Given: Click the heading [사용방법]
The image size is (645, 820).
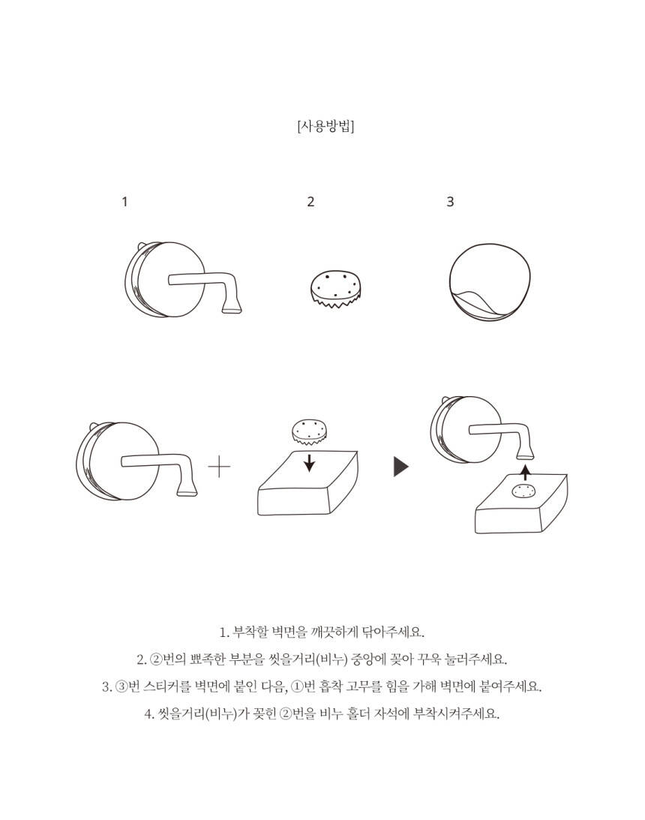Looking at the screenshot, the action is (325, 126).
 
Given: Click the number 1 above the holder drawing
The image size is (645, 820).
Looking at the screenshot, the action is (124, 201).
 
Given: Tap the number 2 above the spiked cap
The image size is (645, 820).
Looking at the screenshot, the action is (310, 201).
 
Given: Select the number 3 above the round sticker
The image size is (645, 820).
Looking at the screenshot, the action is (450, 201).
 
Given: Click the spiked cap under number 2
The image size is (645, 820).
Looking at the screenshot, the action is (335, 288).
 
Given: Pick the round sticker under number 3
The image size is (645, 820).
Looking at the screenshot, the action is (490, 281).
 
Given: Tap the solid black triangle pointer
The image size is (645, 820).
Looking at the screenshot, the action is (401, 467).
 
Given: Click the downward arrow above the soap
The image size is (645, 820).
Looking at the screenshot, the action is (310, 462).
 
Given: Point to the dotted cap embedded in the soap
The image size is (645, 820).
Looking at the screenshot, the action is (524, 491).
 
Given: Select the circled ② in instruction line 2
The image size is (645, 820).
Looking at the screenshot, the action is (156, 659).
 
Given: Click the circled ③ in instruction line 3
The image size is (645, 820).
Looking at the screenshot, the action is (121, 686).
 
